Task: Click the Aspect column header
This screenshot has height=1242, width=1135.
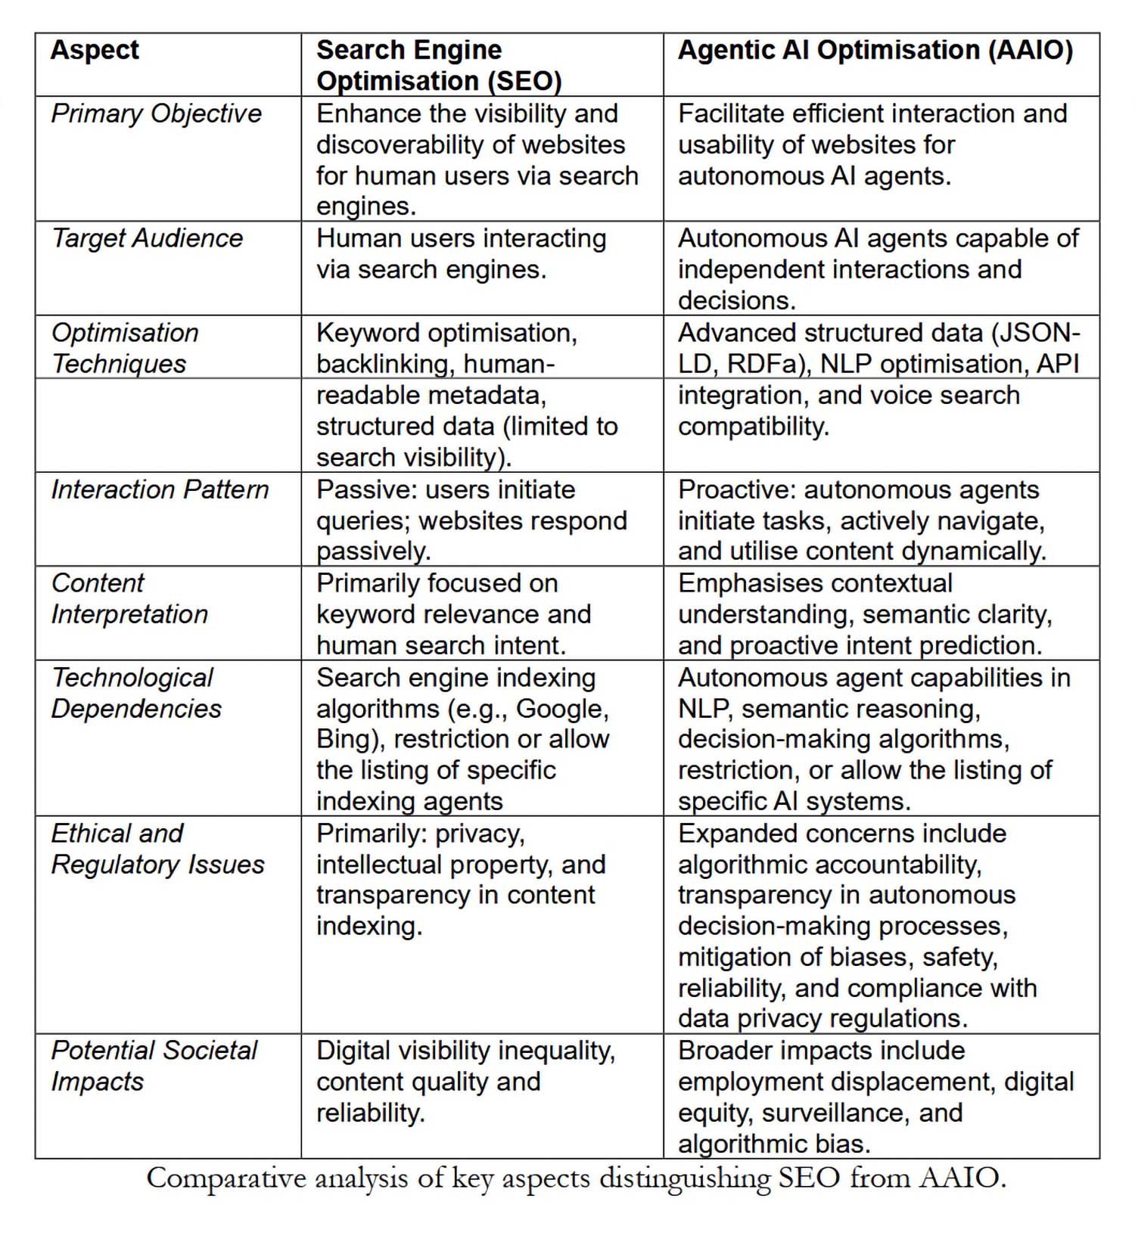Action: pos(95,51)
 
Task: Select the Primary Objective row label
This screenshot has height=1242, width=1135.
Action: pos(156,113)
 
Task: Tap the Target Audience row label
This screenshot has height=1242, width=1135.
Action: pos(147,238)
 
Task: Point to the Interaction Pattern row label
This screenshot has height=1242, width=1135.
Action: pos(160,489)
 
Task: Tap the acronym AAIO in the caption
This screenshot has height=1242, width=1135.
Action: pos(962,1178)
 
